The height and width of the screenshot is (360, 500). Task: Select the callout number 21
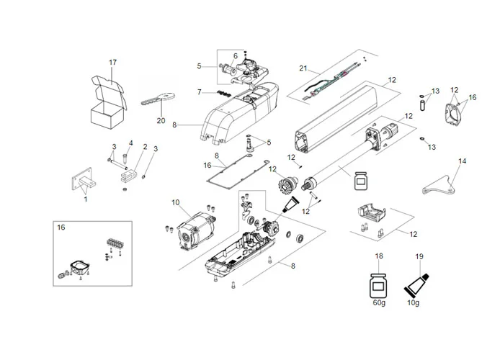[x=304, y=68]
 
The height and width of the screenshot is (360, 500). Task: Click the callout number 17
[x=112, y=63]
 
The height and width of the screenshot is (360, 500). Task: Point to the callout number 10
[x=175, y=203]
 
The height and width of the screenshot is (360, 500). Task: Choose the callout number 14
[x=462, y=161]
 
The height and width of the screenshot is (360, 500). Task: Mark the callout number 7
[x=200, y=92]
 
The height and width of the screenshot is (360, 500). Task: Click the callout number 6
[x=235, y=56]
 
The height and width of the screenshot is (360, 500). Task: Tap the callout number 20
[x=161, y=120]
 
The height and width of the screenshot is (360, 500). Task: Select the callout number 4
[x=130, y=143]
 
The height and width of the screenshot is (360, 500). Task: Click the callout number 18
[x=378, y=256]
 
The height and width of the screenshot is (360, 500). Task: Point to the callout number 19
[x=419, y=256]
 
